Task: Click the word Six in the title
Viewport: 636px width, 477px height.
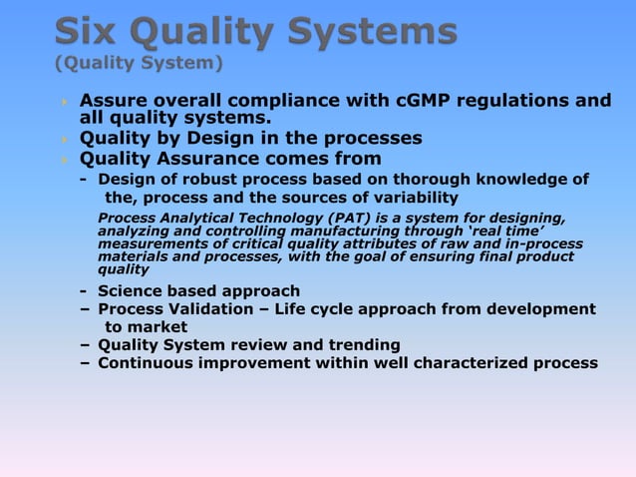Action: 89,33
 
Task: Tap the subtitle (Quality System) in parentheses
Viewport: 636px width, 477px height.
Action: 139,66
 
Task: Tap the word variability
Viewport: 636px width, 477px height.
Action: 412,198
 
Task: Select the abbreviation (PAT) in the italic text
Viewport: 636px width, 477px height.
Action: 323,218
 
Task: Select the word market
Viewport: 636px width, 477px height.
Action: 156,326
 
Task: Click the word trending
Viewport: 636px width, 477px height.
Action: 356,344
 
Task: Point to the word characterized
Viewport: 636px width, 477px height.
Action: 466,362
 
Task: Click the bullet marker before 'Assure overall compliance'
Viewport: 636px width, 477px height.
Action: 65,101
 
